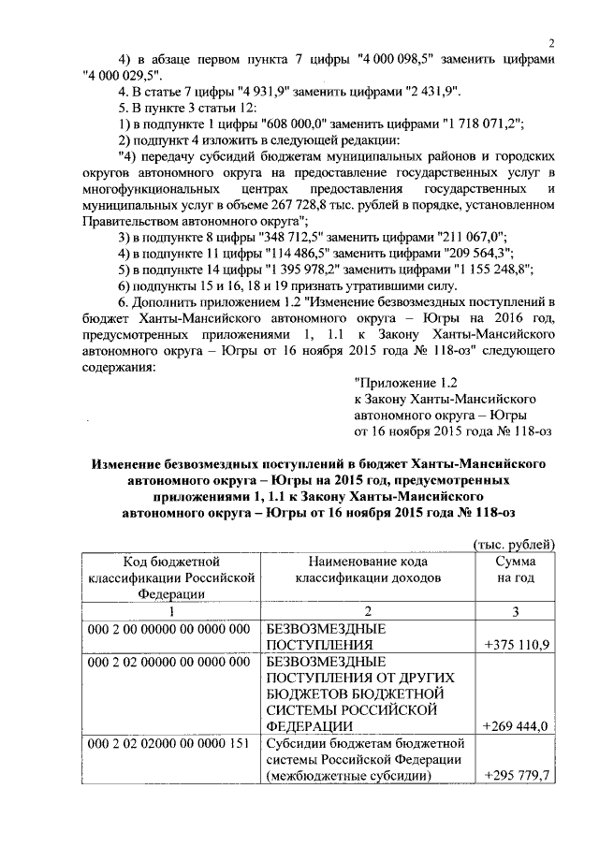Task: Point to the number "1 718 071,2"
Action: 482,124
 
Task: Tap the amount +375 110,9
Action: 518,645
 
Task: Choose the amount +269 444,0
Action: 518,725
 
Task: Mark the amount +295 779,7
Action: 518,775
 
